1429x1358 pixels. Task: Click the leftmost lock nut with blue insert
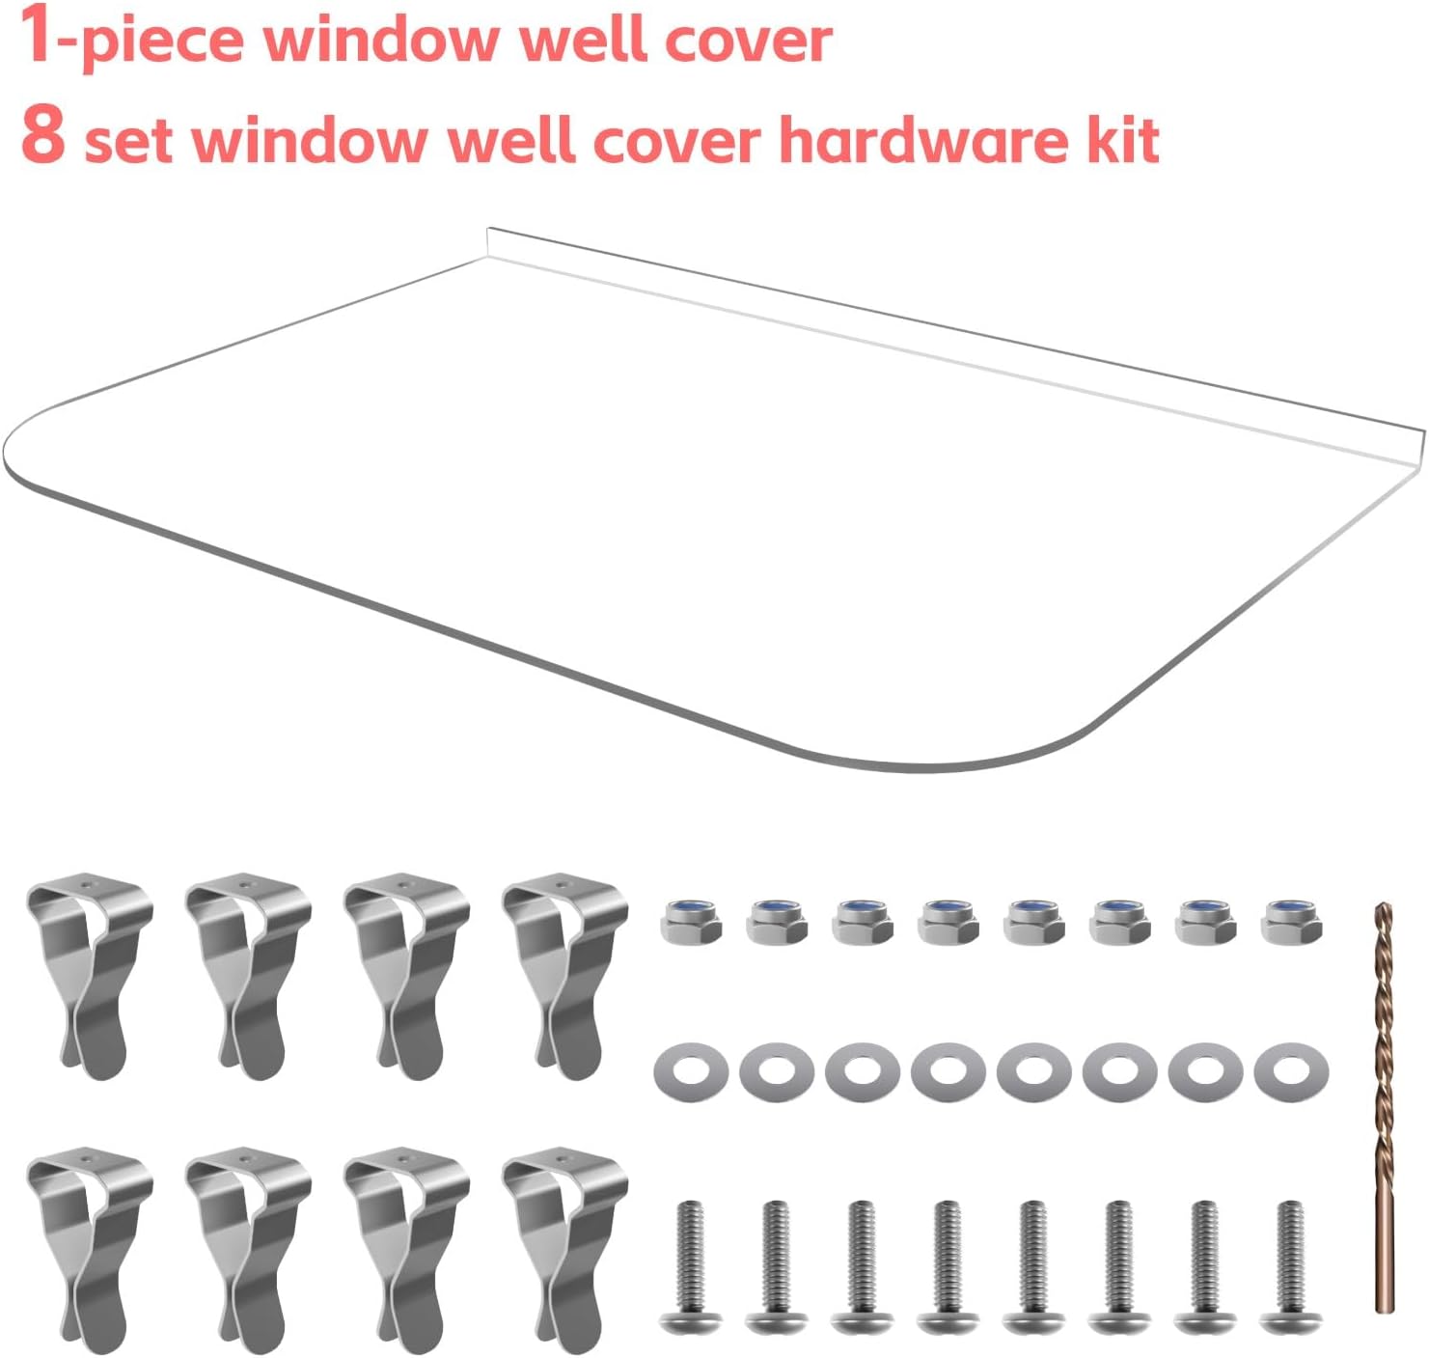pos(691,921)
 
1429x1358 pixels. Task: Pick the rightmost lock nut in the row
pos(1291,921)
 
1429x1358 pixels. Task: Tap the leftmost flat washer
pos(691,1070)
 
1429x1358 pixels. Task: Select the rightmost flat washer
pos(1291,1070)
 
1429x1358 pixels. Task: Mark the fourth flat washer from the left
pos(948,1070)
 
